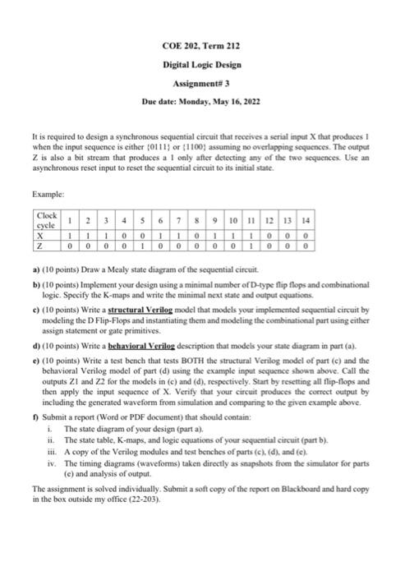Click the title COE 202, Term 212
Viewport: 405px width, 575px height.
tap(202, 47)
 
